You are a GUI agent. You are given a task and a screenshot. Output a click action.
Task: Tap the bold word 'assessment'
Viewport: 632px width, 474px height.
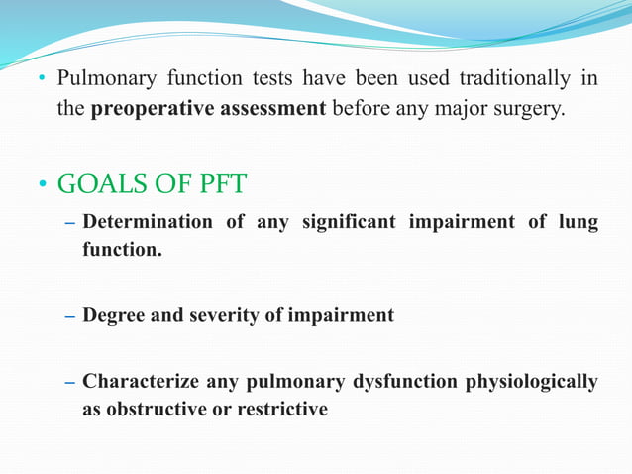pos(266,108)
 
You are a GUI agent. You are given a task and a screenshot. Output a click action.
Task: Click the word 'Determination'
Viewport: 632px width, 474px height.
pos(148,222)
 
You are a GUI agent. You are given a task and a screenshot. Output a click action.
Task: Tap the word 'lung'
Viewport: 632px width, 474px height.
pos(578,222)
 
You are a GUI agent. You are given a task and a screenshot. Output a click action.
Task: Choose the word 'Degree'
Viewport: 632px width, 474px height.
pos(115,315)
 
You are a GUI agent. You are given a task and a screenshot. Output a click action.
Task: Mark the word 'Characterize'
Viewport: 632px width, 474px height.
pos(142,381)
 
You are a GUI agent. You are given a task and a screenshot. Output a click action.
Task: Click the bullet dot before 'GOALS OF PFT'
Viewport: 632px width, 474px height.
pos(44,186)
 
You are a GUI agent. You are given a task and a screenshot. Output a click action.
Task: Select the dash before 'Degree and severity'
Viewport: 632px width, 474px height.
pos(69,316)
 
